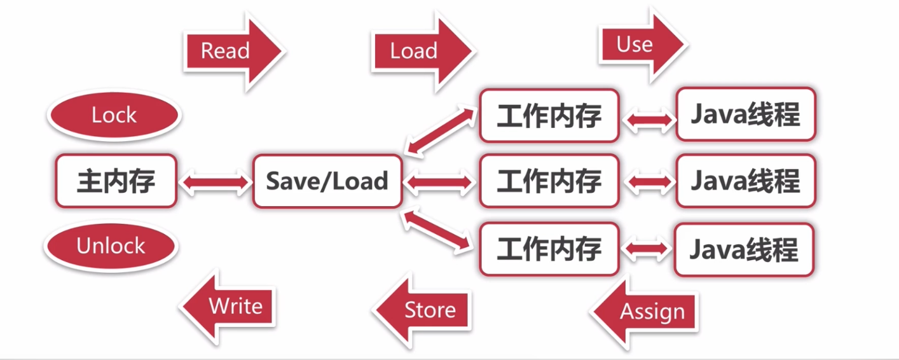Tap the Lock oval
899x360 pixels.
pos(114,115)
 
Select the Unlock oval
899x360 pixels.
pos(111,246)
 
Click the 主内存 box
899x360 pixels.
pos(116,181)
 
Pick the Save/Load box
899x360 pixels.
pos(327,181)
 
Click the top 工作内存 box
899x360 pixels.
pos(549,115)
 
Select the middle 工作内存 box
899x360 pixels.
pos(549,181)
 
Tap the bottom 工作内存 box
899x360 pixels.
pos(549,249)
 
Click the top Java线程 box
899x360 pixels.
pos(745,115)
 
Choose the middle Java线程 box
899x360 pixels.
pos(745,181)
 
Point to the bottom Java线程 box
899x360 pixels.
pos(744,249)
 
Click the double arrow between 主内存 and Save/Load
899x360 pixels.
pos(215,183)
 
